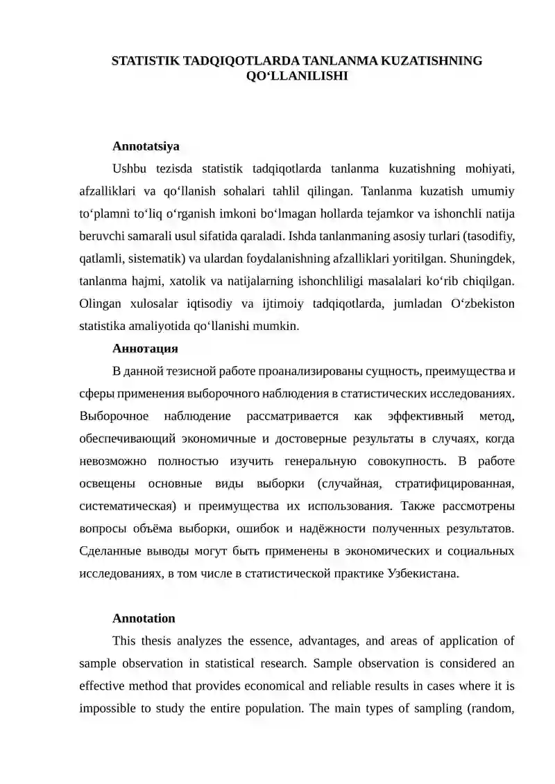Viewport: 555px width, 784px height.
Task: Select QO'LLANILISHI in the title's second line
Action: [x=297, y=76]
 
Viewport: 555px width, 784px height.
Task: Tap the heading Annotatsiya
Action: [x=146, y=146]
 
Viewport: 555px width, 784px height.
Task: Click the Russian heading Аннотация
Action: [x=146, y=347]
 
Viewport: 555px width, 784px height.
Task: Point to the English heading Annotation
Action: [x=144, y=618]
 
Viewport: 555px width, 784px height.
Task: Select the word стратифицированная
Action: [x=454, y=483]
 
